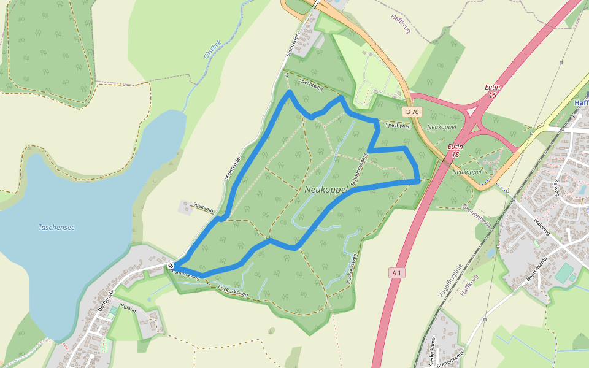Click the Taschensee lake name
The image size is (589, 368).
(56, 228)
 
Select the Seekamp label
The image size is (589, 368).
(202, 207)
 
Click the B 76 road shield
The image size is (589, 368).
(412, 112)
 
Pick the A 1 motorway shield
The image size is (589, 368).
(396, 272)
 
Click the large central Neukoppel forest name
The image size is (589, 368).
(326, 190)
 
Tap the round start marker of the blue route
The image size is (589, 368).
(171, 266)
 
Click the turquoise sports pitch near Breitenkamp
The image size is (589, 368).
(564, 273)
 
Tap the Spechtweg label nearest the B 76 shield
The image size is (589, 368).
(398, 126)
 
